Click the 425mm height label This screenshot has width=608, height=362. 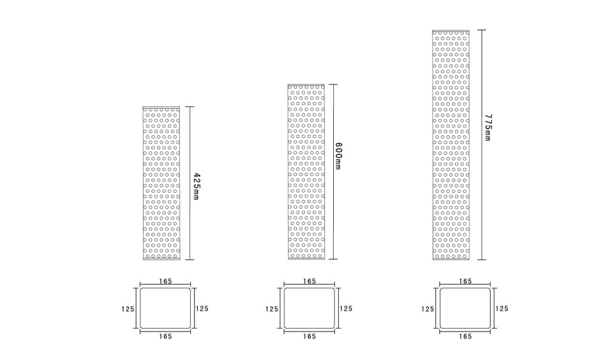[196, 186]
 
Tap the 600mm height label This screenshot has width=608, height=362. [337, 156]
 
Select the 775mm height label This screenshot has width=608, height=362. [488, 127]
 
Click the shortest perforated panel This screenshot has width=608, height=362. [161, 183]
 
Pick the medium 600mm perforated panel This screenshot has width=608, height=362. [306, 172]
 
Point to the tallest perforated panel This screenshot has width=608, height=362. [451, 145]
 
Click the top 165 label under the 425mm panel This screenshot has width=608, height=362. [165, 281]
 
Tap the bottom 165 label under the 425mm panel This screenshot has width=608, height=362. [165, 336]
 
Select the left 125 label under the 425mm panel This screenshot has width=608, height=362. [128, 309]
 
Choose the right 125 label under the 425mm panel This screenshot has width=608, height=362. [202, 308]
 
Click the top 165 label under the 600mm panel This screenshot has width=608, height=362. [309, 281]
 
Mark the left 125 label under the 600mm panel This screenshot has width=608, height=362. [272, 309]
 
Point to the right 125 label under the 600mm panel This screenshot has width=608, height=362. [346, 308]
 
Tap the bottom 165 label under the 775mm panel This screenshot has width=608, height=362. [465, 336]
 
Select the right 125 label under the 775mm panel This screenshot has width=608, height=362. [502, 308]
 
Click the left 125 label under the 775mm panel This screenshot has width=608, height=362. [427, 309]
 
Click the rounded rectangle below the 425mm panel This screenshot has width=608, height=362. [140, 308]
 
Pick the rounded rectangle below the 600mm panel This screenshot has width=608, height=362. [284, 308]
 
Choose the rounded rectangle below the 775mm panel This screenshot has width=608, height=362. [440, 308]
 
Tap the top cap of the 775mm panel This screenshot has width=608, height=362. [451, 30]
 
